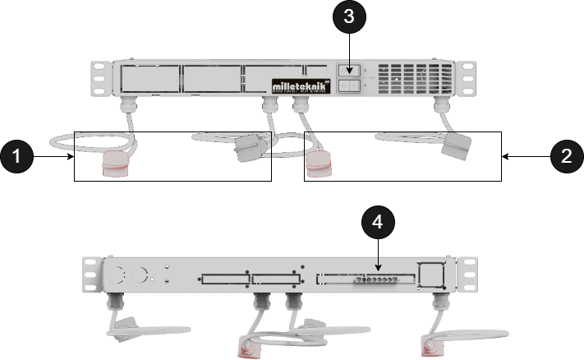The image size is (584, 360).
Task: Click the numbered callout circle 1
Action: tap(17, 155)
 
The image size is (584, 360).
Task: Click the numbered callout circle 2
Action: tap(564, 155)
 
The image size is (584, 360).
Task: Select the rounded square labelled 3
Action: tap(349, 19)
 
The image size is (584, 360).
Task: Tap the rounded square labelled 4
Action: tap(377, 222)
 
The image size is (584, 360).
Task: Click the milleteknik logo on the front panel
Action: tap(301, 85)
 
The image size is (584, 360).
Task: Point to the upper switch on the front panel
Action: tap(349, 72)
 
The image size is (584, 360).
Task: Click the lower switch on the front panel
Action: tap(349, 85)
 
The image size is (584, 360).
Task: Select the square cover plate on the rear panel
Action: tap(430, 274)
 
